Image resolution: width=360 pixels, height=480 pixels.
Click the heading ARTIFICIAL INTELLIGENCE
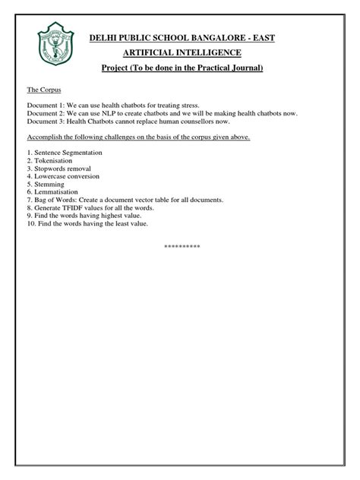[182, 52]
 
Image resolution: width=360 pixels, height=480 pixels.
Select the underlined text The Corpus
[44, 90]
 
